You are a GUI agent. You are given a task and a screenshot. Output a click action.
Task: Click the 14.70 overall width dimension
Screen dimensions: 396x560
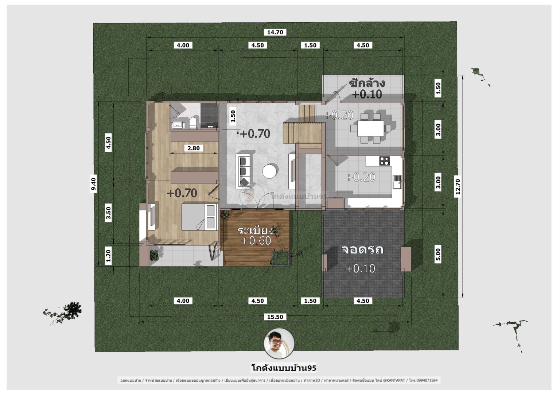click(275, 32)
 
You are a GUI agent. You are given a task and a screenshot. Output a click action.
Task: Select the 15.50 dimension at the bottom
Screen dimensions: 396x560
click(275, 317)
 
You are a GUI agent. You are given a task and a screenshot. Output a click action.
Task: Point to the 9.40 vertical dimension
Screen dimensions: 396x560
click(94, 184)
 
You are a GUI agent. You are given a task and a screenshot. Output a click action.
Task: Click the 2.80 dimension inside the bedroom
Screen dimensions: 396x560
click(193, 148)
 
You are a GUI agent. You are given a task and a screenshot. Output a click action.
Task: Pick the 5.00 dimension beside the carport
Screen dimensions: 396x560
click(438, 255)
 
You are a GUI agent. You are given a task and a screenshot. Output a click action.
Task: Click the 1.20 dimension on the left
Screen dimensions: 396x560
click(108, 256)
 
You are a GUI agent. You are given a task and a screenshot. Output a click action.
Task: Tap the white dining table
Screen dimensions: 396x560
click(370, 128)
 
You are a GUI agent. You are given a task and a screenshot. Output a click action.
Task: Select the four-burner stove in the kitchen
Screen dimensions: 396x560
click(384, 160)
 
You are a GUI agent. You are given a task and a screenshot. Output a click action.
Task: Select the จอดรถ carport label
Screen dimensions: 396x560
click(362, 250)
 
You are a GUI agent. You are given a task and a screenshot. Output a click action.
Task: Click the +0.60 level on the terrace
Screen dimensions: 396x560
click(256, 241)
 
